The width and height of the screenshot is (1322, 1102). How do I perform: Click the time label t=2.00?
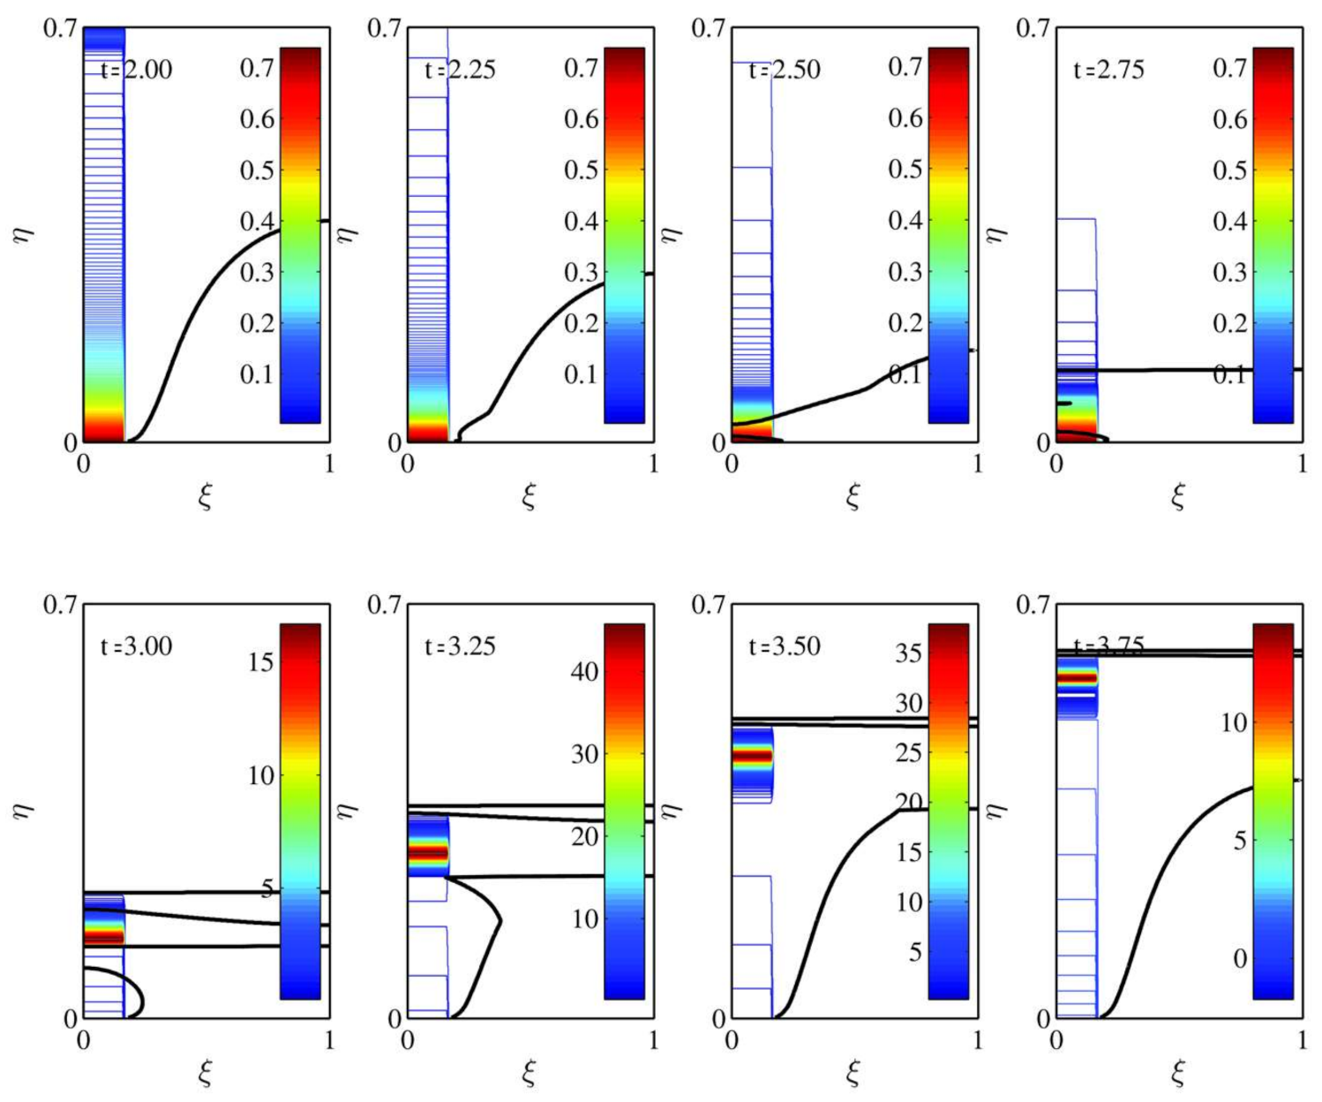pyautogui.click(x=136, y=70)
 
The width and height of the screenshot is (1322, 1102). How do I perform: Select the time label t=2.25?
pyautogui.click(x=460, y=70)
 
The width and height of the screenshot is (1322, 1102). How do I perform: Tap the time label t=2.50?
pyautogui.click(x=785, y=70)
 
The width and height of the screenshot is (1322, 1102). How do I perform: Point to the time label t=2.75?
pyautogui.click(x=1108, y=70)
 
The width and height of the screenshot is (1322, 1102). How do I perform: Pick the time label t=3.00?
pyautogui.click(x=136, y=646)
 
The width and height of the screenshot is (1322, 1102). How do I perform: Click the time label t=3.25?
pyautogui.click(x=460, y=646)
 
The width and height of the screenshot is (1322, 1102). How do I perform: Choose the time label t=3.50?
pyautogui.click(x=785, y=646)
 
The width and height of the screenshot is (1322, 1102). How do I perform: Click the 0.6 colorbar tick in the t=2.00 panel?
pyautogui.click(x=257, y=119)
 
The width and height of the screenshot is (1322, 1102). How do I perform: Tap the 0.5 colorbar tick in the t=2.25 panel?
pyautogui.click(x=582, y=170)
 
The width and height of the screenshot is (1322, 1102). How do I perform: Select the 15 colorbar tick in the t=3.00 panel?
pyautogui.click(x=261, y=661)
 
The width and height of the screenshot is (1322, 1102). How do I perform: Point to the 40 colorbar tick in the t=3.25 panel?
pyautogui.click(x=585, y=672)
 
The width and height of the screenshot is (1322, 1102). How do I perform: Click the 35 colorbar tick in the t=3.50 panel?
pyautogui.click(x=909, y=653)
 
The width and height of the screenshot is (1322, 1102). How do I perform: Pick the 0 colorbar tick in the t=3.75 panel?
pyautogui.click(x=1239, y=958)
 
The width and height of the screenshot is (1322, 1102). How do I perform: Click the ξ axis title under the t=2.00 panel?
pyautogui.click(x=205, y=498)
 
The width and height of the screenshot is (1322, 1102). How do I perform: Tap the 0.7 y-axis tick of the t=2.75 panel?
pyautogui.click(x=1033, y=28)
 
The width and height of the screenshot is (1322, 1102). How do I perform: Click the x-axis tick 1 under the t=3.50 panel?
pyautogui.click(x=978, y=1040)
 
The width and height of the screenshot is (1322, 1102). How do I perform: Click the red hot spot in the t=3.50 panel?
pyautogui.click(x=752, y=756)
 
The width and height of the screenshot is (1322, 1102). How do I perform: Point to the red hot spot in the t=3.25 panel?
pyautogui.click(x=428, y=852)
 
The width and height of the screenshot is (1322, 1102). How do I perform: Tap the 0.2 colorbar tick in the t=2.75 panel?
pyautogui.click(x=1230, y=323)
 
